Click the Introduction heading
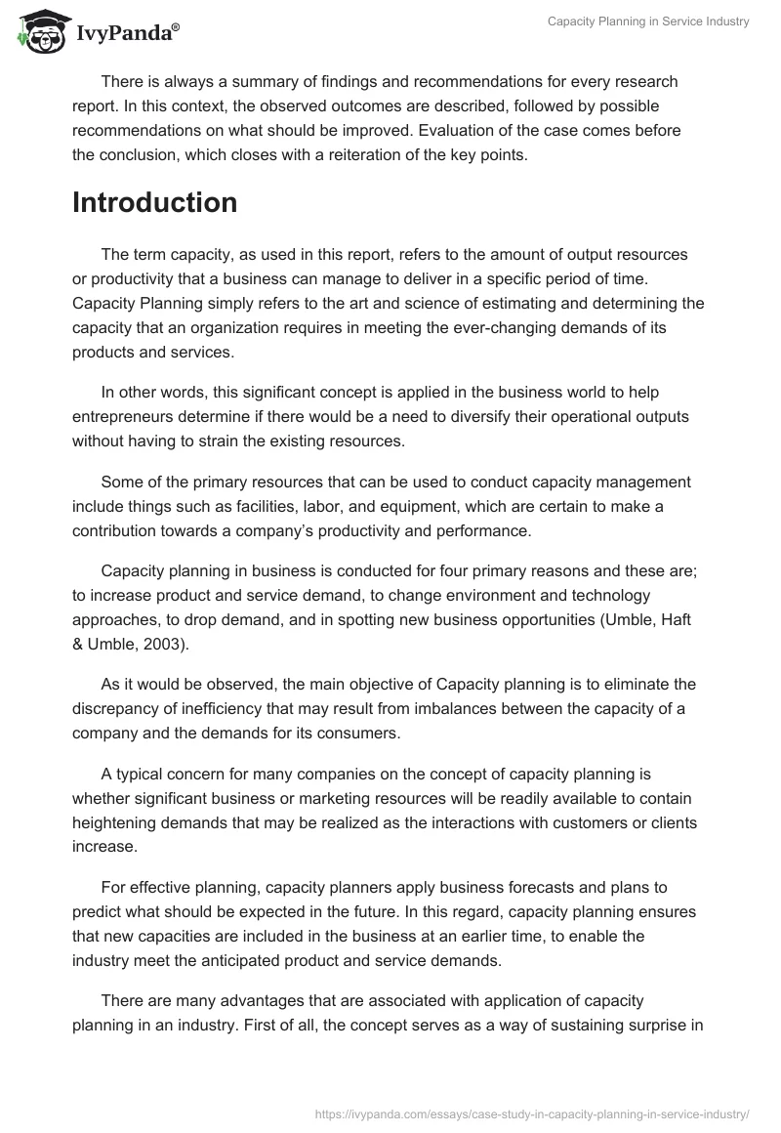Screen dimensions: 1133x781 (154, 202)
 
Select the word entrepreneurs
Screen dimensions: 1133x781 (124, 417)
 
